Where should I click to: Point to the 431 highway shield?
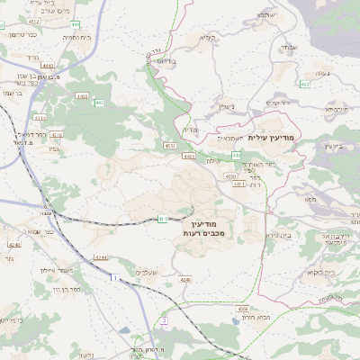click(39, 117)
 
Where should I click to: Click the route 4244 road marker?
click(100, 257)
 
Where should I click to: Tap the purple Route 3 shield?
click(165, 320)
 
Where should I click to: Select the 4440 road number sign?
click(47, 66)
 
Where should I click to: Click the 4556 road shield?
click(231, 177)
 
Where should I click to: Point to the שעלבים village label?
click(148, 273)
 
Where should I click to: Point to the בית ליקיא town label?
click(320, 272)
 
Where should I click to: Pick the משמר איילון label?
click(61, 270)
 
